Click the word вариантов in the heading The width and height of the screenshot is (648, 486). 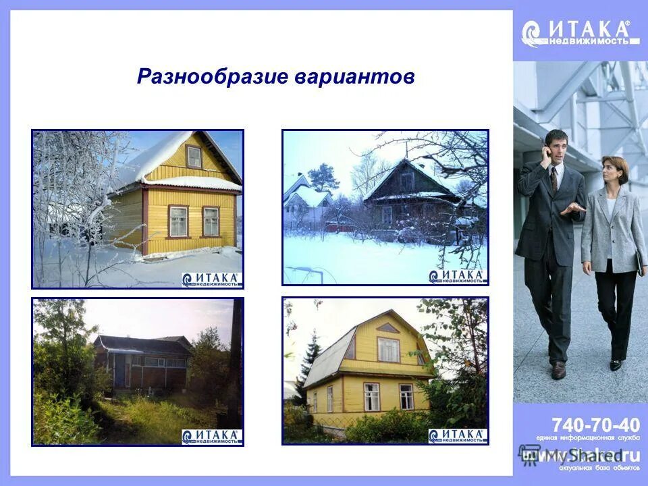pos(354,76)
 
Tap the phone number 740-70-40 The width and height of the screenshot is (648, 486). pos(595,425)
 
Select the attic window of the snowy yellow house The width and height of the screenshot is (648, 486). pos(194,157)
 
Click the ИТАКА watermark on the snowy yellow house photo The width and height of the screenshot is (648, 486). pos(211,279)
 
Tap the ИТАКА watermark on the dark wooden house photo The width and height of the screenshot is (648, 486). pos(457,276)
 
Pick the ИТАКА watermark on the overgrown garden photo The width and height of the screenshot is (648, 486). pos(211,436)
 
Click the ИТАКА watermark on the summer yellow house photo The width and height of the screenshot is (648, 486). pos(457,435)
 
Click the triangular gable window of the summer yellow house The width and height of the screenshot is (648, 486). pos(387,328)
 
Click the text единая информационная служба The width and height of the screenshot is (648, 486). pos(587,438)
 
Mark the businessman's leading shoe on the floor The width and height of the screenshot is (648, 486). pos(558,371)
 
